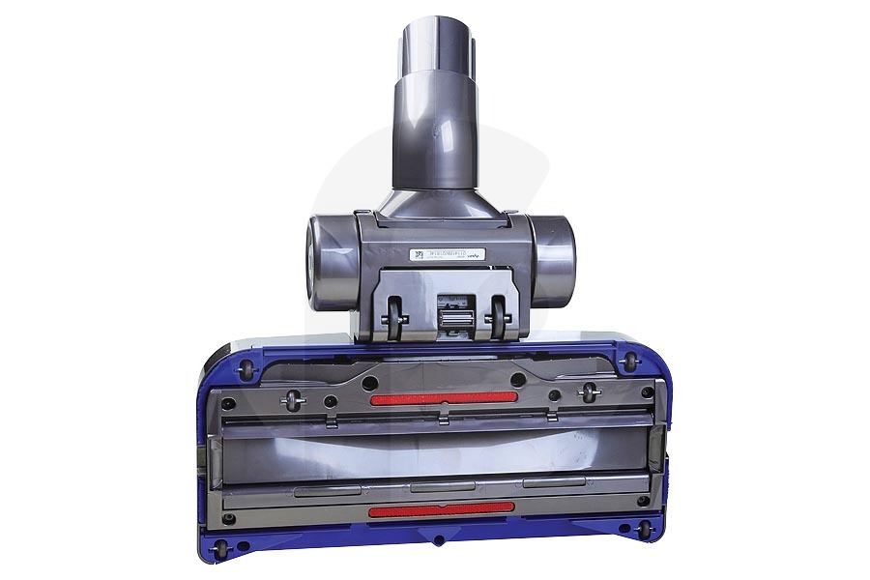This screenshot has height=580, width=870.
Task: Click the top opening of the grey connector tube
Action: click(435, 29)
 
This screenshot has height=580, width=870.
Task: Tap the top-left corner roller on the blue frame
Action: click(244, 364)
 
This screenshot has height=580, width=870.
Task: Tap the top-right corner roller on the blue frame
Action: click(630, 363)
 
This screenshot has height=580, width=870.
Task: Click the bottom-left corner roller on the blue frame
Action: click(223, 547)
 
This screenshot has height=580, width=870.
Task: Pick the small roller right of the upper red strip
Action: click(586, 391)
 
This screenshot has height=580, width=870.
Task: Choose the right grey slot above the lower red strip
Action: click(553, 481)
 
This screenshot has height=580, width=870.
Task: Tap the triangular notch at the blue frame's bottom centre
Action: click(438, 540)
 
